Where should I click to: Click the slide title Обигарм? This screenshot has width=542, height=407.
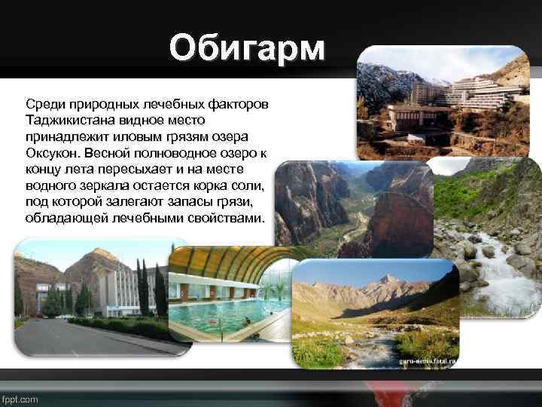coord(248,49)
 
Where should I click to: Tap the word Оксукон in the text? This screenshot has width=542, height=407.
coord(52,153)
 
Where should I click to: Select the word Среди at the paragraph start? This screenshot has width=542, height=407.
coord(44,103)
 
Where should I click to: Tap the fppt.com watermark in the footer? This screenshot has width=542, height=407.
coord(20,399)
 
